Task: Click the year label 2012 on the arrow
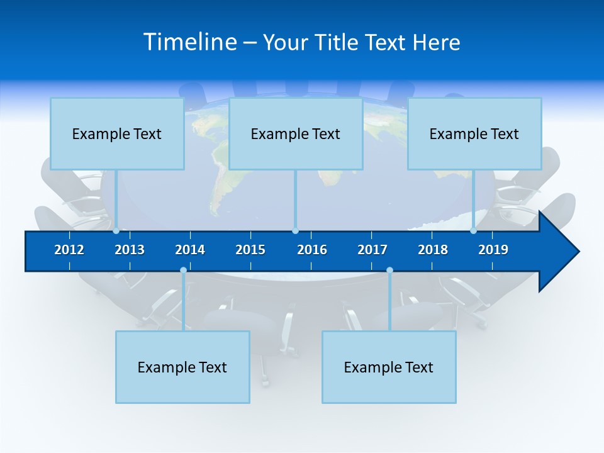tap(69, 250)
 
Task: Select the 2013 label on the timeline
tap(130, 250)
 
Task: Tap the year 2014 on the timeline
tap(190, 250)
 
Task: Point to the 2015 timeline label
tap(250, 250)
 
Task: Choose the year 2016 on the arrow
tap(312, 250)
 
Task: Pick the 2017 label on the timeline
tap(372, 250)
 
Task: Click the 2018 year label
tap(433, 250)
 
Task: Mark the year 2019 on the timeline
tap(493, 250)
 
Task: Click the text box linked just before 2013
tap(117, 134)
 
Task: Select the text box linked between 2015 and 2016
tap(296, 134)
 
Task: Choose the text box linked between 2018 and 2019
tap(474, 134)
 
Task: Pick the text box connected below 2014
tap(182, 367)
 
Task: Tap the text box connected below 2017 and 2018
tap(389, 367)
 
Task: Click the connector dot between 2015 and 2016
tap(296, 231)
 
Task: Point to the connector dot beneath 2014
tap(183, 271)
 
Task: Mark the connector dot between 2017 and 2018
tap(389, 271)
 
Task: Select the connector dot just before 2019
tap(473, 231)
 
